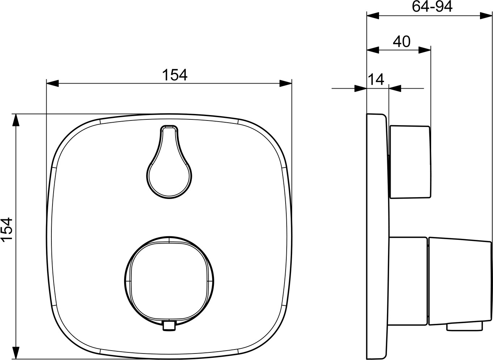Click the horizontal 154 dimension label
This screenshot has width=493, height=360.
(175, 75)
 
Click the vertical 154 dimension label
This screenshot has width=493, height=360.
(7, 230)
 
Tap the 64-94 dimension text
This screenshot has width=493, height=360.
(432, 7)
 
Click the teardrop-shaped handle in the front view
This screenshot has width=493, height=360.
(169, 162)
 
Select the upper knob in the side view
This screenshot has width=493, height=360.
(410, 162)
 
